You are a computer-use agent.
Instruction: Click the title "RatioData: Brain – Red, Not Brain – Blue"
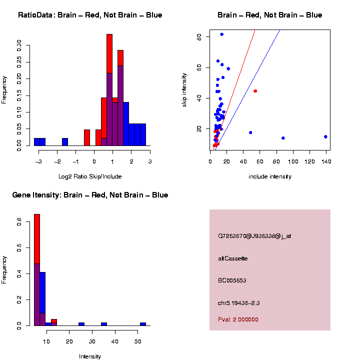(x=90, y=15)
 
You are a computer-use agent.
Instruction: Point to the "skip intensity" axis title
(x=184, y=88)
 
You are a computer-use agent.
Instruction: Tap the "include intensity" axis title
(x=270, y=176)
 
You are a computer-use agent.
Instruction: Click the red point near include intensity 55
(x=255, y=91)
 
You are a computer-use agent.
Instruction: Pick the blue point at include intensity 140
(x=325, y=136)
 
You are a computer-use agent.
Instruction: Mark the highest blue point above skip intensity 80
(x=222, y=34)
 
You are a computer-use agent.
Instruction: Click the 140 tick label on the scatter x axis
(x=325, y=161)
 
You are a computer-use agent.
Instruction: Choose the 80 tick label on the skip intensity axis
(x=199, y=36)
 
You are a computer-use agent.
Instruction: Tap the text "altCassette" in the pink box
(x=232, y=258)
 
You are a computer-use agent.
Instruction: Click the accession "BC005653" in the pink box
(x=232, y=280)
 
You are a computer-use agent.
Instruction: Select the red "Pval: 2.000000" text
(x=238, y=319)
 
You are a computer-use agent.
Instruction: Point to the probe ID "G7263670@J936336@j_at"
(x=254, y=236)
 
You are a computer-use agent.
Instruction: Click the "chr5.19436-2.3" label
(x=238, y=303)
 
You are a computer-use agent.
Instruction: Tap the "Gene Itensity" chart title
(x=90, y=195)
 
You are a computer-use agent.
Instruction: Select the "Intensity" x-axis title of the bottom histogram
(x=90, y=356)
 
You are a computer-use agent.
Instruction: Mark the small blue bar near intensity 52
(x=143, y=324)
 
